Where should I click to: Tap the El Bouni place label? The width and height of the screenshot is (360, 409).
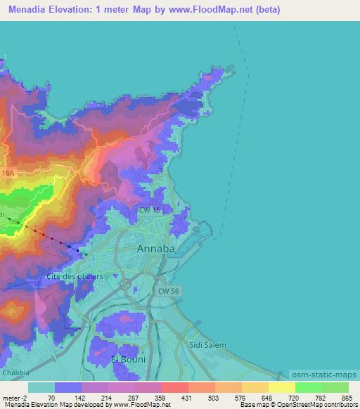[x=128, y=358]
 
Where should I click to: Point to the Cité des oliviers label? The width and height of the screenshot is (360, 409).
[x=75, y=276]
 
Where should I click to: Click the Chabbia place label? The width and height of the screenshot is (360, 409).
[x=17, y=372]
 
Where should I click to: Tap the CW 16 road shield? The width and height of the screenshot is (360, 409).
[x=149, y=209]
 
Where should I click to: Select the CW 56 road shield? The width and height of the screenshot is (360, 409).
[x=167, y=290]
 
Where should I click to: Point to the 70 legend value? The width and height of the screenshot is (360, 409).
[x=51, y=397]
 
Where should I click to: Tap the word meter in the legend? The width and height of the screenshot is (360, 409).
[x=11, y=397]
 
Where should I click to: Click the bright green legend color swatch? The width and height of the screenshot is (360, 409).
[x=309, y=387]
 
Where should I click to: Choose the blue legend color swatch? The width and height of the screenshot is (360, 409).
[x=68, y=387]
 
